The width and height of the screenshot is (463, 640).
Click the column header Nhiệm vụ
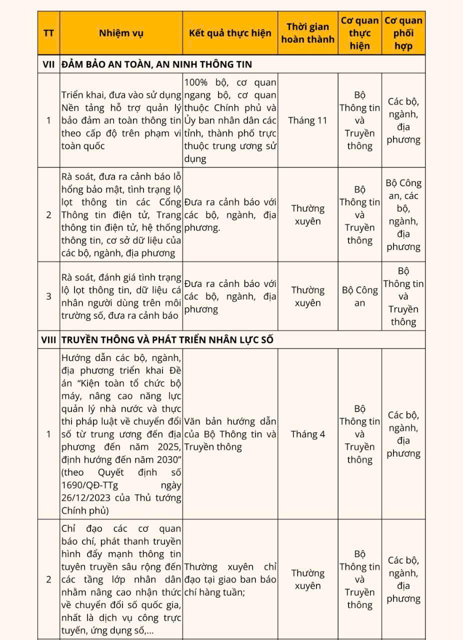(x=121, y=33)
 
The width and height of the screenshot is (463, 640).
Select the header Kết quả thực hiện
(x=230, y=33)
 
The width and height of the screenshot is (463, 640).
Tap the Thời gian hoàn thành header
(x=308, y=33)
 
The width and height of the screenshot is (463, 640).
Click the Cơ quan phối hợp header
(x=403, y=33)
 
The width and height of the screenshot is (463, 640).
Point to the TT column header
(x=48, y=33)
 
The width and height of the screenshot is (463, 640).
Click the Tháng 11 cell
(x=308, y=120)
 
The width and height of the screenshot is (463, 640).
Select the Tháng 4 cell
(x=308, y=434)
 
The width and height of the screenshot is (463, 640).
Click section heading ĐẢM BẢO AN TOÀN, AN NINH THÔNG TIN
(x=156, y=64)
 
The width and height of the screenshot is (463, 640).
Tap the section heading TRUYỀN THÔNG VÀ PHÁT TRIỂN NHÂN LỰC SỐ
(x=167, y=340)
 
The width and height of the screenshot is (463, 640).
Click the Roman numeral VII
(x=48, y=64)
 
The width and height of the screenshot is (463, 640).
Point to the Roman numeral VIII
(x=48, y=340)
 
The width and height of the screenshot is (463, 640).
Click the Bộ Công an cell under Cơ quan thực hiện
(x=360, y=296)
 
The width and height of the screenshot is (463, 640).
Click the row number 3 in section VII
(x=48, y=296)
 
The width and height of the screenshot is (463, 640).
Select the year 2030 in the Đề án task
(x=162, y=459)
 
